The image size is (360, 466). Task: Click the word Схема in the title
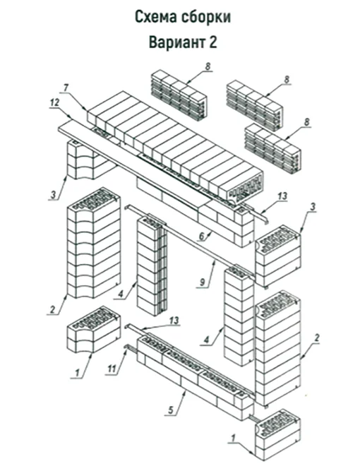155,17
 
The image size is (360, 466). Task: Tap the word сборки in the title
205,17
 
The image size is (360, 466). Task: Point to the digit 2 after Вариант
213,42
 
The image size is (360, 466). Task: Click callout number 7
66,88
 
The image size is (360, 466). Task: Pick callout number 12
54,102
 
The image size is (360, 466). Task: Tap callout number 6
202,237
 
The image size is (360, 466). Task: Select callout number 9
203,282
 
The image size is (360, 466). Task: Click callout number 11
112,369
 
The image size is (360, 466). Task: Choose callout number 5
171,410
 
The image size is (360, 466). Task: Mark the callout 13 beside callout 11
174,321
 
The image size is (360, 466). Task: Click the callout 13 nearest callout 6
282,196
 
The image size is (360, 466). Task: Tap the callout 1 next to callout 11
78,372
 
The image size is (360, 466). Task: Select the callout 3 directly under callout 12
54,195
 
